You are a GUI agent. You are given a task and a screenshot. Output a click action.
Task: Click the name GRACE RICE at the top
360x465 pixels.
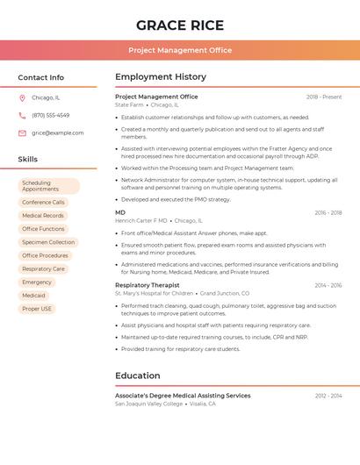click(180, 25)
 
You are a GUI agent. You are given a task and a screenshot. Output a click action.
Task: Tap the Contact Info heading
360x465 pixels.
click(40, 77)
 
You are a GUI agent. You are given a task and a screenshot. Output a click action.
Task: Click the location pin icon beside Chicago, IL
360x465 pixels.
click(22, 97)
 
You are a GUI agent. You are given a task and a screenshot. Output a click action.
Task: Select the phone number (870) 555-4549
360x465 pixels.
click(50, 115)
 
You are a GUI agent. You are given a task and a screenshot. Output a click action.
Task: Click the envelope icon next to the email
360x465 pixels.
click(22, 132)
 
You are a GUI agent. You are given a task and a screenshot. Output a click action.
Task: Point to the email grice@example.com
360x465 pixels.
click(57, 132)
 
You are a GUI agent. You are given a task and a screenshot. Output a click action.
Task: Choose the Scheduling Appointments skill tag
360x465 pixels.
click(48, 186)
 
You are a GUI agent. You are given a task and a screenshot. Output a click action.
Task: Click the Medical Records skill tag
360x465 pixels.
click(43, 215)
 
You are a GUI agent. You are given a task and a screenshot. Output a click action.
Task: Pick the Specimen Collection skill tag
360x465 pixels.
click(48, 242)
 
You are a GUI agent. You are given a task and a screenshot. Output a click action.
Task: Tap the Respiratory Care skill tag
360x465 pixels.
click(43, 268)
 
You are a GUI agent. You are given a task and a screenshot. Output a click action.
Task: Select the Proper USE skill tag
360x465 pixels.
click(37, 309)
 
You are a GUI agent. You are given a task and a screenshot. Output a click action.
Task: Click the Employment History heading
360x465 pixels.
click(161, 77)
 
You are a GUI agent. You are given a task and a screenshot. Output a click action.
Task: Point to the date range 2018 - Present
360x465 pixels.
click(324, 97)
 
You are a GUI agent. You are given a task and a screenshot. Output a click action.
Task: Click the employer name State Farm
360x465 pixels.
click(130, 104)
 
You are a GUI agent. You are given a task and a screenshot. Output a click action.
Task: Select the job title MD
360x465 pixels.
click(120, 212)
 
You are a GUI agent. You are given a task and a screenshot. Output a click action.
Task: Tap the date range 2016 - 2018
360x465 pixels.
click(328, 212)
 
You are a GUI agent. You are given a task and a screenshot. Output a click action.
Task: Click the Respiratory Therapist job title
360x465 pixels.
click(147, 285)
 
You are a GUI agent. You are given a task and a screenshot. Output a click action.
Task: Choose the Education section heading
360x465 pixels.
click(137, 376)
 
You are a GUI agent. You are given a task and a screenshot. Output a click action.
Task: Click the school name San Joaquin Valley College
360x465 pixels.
click(149, 404)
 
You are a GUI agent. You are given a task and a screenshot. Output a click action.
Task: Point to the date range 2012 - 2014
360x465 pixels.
click(328, 396)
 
